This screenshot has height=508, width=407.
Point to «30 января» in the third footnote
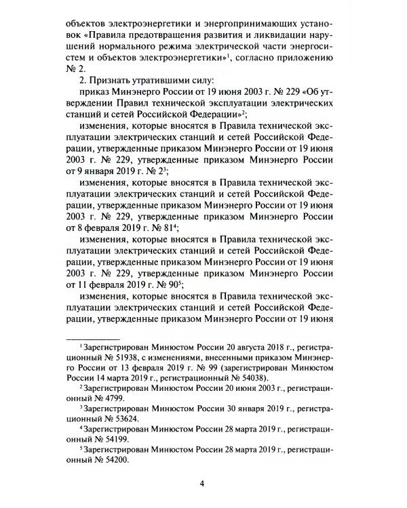point(236,408)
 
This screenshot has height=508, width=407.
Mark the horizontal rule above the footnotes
point(92,335)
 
